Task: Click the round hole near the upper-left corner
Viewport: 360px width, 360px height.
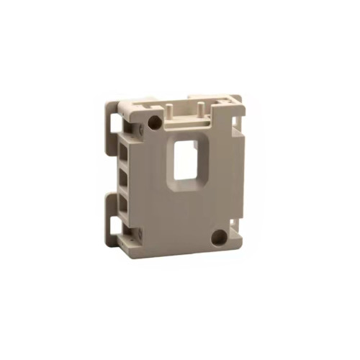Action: click(x=155, y=122)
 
